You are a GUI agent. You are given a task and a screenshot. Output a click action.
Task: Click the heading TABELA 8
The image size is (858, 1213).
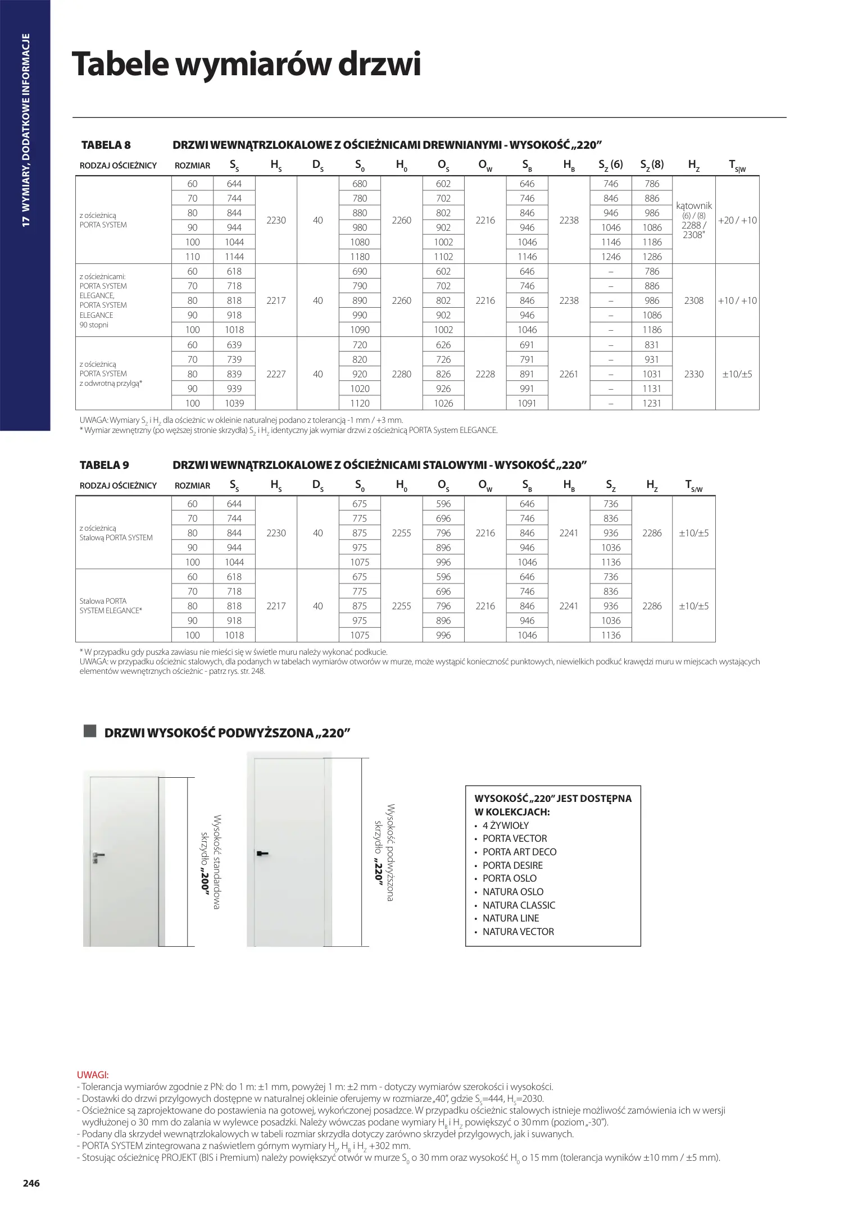[106, 145]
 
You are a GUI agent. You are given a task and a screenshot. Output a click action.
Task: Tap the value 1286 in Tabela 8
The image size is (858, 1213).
[652, 257]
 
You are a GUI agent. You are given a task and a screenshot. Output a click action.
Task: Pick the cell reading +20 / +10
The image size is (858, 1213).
[737, 220]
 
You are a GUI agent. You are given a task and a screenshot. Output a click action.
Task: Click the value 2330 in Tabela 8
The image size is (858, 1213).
[694, 374]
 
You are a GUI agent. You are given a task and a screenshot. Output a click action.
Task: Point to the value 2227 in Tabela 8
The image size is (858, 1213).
[276, 374]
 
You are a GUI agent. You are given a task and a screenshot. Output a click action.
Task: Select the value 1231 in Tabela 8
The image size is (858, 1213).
[652, 403]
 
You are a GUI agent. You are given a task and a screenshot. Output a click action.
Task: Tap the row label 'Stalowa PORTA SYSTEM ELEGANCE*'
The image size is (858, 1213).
[111, 605]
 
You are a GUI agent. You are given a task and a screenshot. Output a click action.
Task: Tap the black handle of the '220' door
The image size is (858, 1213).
[262, 854]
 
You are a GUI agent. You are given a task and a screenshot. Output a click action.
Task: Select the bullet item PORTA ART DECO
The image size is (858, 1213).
[519, 852]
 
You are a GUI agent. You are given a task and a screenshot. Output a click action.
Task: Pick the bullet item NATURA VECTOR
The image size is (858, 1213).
[518, 932]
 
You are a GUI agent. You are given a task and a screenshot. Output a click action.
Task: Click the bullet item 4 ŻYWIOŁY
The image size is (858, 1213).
[506, 826]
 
